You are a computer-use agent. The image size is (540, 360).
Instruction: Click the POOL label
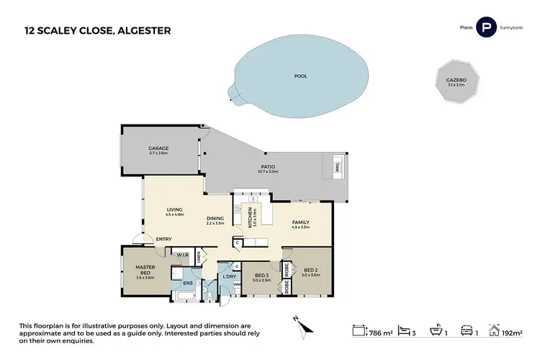click(x=300, y=76)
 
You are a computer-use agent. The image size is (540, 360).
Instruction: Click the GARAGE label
click(x=158, y=148)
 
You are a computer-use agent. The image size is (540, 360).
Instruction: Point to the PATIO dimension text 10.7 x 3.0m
click(x=267, y=174)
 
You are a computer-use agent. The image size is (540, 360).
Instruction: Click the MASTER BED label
click(x=145, y=270)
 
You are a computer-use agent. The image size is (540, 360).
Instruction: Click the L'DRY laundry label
click(x=230, y=277)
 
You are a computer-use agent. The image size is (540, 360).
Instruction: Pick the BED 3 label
click(x=261, y=275)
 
